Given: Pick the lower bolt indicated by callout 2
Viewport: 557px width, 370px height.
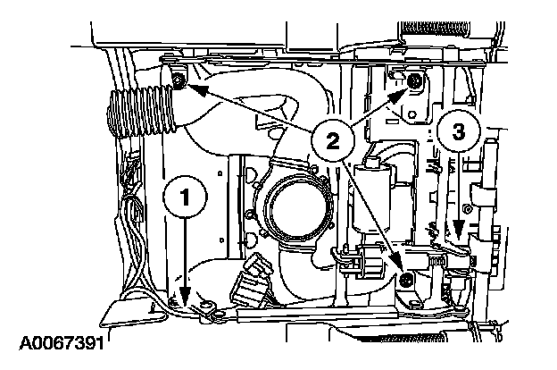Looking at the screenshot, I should (407, 282).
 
